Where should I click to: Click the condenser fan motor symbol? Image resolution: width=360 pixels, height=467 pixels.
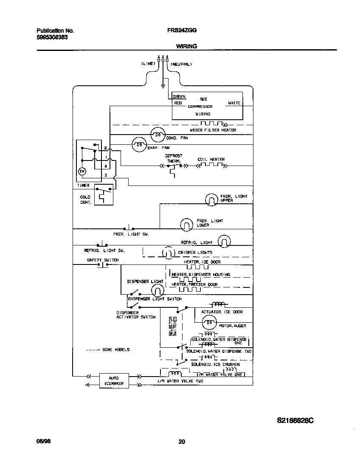pos(157,135)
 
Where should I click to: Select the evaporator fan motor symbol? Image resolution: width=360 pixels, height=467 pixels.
pos(138,145)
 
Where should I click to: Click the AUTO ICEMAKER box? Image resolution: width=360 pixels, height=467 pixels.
pos(114,380)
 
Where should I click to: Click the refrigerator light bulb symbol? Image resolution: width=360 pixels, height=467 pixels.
pos(224,242)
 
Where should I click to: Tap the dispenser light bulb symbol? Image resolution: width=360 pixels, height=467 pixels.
pos(157,290)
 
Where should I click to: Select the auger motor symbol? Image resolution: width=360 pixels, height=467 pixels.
pos(209,324)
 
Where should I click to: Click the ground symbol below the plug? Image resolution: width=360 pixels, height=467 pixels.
pos(163,87)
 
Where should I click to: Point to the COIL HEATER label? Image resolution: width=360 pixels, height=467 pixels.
pos(211,160)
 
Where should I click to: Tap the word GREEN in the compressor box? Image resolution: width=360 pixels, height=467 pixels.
pos(179,97)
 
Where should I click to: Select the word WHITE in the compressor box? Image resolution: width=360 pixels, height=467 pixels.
pos(234,103)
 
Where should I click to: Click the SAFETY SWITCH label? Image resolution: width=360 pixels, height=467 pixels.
pos(103,260)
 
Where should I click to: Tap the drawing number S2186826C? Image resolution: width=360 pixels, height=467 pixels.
pos(295,421)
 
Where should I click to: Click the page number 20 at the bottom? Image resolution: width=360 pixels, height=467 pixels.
pos(181,442)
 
